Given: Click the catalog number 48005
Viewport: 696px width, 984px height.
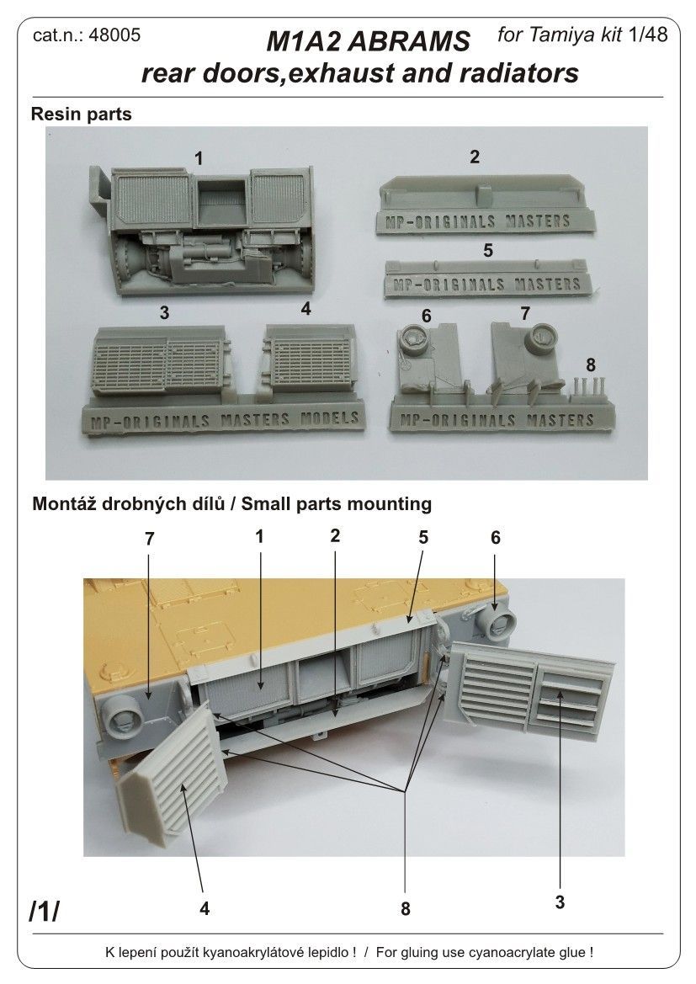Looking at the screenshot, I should (116, 35).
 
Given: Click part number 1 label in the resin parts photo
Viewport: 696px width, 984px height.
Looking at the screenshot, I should (199, 157).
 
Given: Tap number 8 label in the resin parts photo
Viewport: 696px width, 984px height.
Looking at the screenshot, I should (590, 364).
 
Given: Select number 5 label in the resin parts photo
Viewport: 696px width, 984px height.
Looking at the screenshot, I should (488, 250).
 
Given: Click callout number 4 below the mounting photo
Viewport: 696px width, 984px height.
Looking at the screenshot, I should (205, 908).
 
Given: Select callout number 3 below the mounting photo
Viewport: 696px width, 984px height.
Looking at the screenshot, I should (560, 903).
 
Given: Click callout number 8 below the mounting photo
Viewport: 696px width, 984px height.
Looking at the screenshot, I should (406, 909).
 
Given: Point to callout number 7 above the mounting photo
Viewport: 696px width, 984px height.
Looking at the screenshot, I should (149, 539).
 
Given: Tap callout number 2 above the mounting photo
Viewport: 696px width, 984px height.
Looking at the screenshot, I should (335, 535).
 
